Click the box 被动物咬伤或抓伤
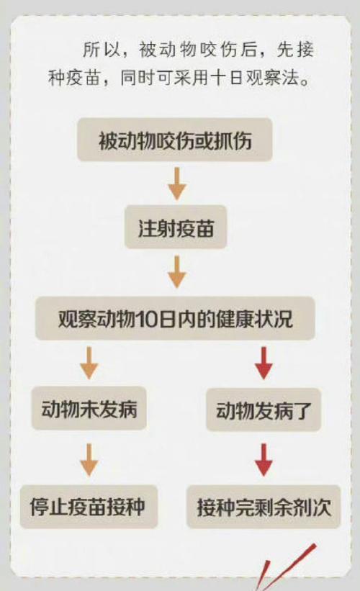pyautogui.click(x=175, y=140)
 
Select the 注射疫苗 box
pyautogui.click(x=176, y=227)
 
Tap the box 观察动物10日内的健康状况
pyautogui.click(x=175, y=318)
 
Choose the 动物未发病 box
pyautogui.click(x=89, y=408)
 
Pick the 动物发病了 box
pyautogui.click(x=264, y=410)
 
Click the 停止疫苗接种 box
pyautogui.click(x=89, y=506)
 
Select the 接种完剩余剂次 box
pyautogui.click(x=264, y=506)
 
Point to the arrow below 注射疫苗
pyautogui.click(x=177, y=272)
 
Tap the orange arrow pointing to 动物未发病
pyautogui.click(x=89, y=363)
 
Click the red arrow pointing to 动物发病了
pyautogui.click(x=264, y=363)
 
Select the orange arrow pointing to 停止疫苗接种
pyautogui.click(x=89, y=460)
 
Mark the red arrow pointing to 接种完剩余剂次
pyautogui.click(x=264, y=460)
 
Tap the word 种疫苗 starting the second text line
pyautogui.click(x=74, y=78)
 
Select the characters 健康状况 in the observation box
pyautogui.click(x=254, y=319)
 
